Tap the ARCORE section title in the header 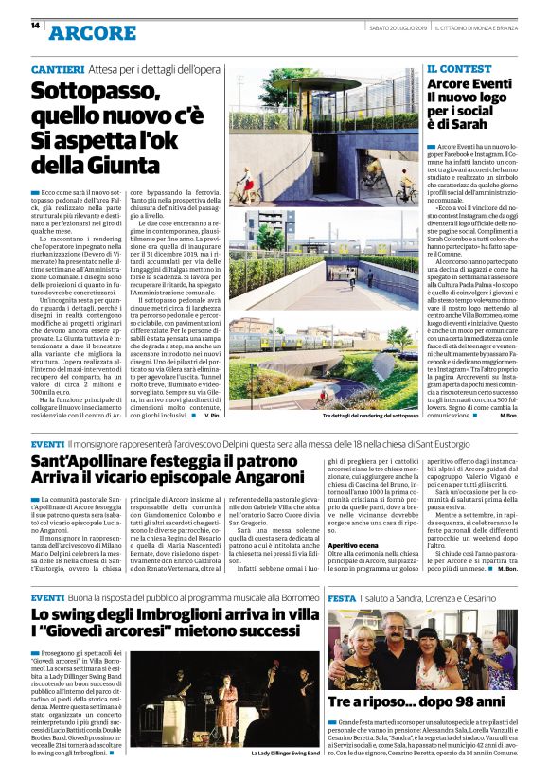tap(93, 33)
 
